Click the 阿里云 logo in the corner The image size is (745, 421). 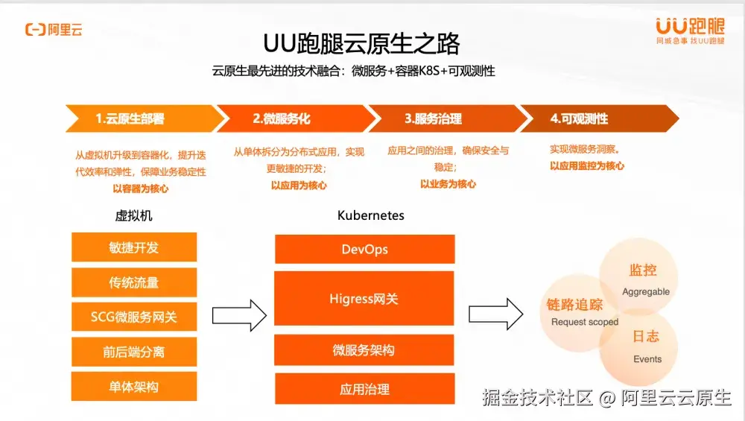54,30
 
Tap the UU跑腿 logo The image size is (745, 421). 690,31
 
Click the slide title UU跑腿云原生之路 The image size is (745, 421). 361,44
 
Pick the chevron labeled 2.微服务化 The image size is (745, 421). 291,118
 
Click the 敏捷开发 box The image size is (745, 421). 134,247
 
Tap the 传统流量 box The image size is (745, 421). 134,282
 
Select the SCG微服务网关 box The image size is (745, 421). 134,317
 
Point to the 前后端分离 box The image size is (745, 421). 134,352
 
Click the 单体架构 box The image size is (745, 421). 134,387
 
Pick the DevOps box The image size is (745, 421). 364,249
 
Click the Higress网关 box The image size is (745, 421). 364,299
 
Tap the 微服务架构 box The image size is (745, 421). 364,350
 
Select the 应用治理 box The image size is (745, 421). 364,388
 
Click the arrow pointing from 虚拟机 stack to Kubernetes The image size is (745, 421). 239,314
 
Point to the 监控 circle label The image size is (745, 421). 643,270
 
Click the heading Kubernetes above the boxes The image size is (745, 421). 371,215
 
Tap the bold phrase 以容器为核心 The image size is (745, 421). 141,189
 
